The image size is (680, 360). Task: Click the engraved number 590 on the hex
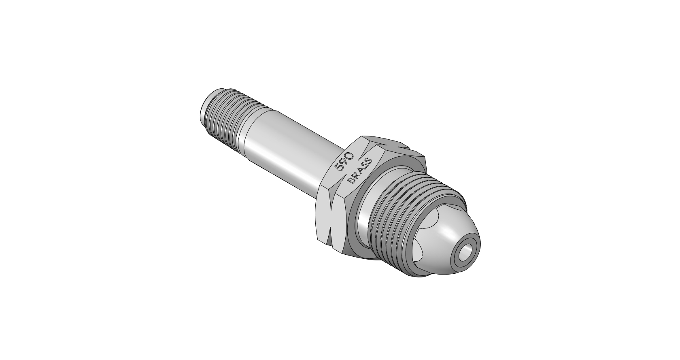(x=344, y=162)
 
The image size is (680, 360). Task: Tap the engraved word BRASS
(x=360, y=171)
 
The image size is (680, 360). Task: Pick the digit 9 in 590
(x=344, y=162)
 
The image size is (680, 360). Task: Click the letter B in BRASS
(x=351, y=180)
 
